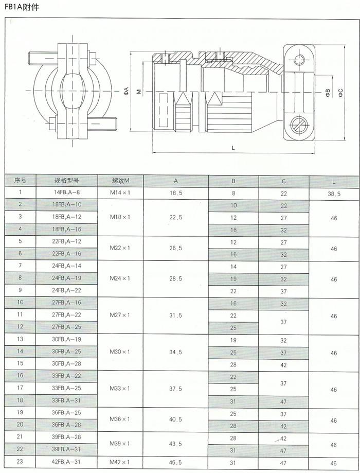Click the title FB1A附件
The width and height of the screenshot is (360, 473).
pos(22,7)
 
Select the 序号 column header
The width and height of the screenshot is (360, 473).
pos(20,180)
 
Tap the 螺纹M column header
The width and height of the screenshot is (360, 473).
pos(120,180)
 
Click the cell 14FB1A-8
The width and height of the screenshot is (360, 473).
pos(66,192)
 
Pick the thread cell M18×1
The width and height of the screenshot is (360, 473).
pos(120,217)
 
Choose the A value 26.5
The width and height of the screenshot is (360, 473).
pos(175,248)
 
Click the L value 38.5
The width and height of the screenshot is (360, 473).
pos(334,194)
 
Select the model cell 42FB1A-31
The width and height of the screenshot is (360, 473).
pos(66,462)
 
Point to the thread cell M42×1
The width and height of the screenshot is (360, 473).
pos(120,462)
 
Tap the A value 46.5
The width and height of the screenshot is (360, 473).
pos(175,462)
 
